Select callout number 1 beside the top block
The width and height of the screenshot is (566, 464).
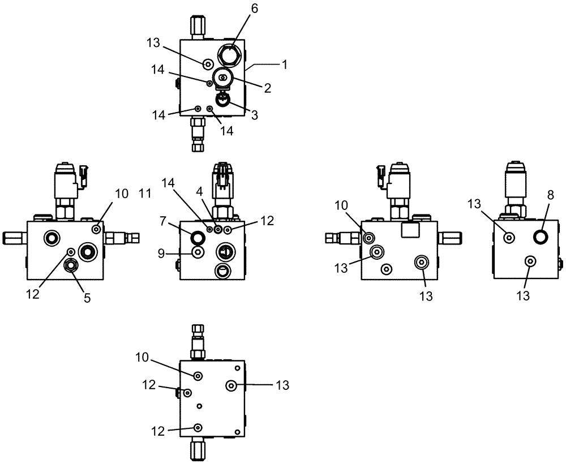(285, 65)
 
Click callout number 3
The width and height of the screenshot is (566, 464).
(255, 115)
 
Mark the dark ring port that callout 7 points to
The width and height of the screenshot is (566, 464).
(198, 237)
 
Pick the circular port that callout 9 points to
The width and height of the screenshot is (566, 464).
(198, 252)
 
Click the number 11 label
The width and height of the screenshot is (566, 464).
(144, 194)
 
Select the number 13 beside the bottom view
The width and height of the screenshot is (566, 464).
(282, 385)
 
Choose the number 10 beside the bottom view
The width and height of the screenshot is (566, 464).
(142, 357)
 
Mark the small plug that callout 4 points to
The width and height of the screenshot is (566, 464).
(218, 229)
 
